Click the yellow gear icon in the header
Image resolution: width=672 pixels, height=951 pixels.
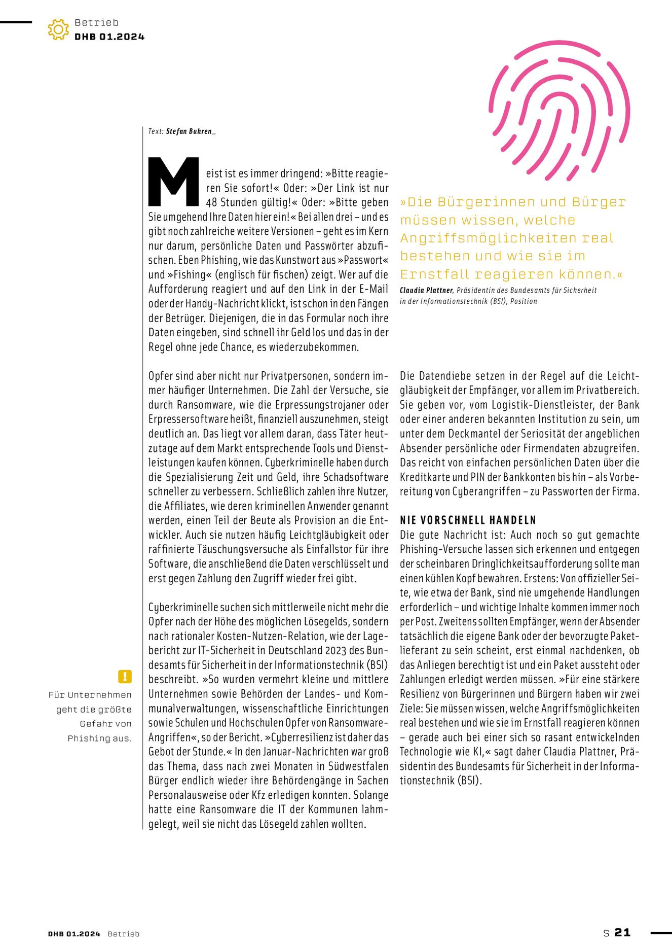coord(58,29)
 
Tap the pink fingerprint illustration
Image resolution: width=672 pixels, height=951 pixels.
coord(559,109)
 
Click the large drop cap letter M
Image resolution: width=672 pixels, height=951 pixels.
coord(173,181)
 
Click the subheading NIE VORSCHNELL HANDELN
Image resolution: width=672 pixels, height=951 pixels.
coord(468,520)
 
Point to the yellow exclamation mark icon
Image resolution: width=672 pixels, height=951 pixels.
coord(125,676)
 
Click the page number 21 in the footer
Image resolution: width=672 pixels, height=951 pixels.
coord(622,932)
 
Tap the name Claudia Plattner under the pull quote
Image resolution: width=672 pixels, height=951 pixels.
coord(426,291)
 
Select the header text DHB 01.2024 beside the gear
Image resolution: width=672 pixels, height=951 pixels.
coord(109,37)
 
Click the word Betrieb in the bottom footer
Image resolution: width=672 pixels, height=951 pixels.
coord(123,934)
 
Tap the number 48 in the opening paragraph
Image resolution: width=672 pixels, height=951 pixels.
coord(211,202)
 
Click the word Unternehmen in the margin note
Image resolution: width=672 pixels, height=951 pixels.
coord(99,695)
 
